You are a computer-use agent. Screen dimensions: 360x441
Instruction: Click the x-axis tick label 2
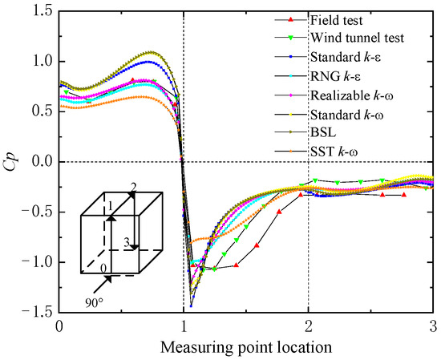pyautogui.click(x=309, y=327)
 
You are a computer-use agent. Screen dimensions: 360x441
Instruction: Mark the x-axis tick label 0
pyautogui.click(x=59, y=327)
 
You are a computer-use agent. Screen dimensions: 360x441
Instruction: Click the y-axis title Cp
pyautogui.click(x=11, y=161)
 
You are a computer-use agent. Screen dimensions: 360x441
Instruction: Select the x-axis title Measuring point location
pyautogui.click(x=246, y=347)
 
